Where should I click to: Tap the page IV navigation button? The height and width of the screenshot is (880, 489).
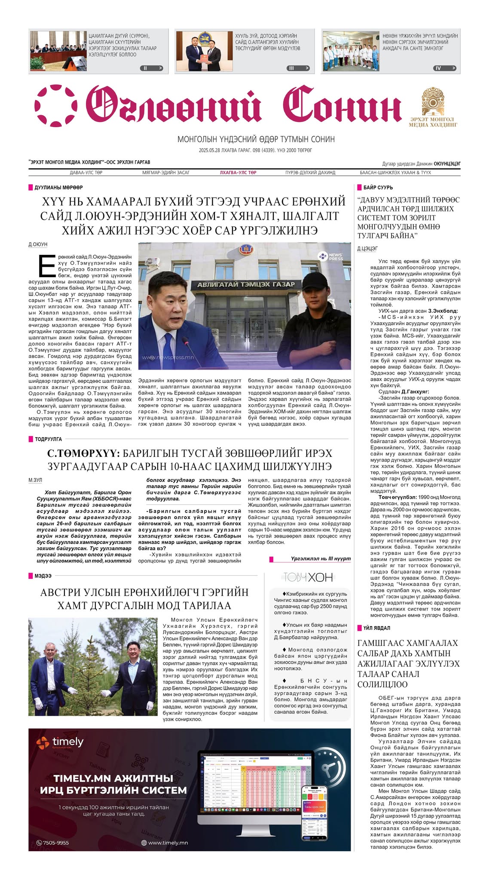pyautogui.click(x=444, y=68)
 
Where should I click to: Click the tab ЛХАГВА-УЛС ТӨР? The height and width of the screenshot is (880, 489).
pyautogui.click(x=238, y=172)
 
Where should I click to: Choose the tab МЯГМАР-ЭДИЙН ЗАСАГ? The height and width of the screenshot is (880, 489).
pyautogui.click(x=165, y=172)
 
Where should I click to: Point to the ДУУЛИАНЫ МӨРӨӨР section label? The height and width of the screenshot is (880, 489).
pyautogui.click(x=58, y=187)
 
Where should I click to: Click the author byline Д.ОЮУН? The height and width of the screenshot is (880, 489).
pyautogui.click(x=38, y=244)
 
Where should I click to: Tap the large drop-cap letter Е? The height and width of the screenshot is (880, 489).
pyautogui.click(x=46, y=267)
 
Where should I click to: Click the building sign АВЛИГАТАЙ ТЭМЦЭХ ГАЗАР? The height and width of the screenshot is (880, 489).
pyautogui.click(x=246, y=284)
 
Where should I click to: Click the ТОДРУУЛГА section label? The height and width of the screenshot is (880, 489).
pyautogui.click(x=48, y=439)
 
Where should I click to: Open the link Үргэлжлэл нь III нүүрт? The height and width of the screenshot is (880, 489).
pyautogui.click(x=320, y=559)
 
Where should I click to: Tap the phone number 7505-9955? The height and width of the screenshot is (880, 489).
pyautogui.click(x=53, y=843)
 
